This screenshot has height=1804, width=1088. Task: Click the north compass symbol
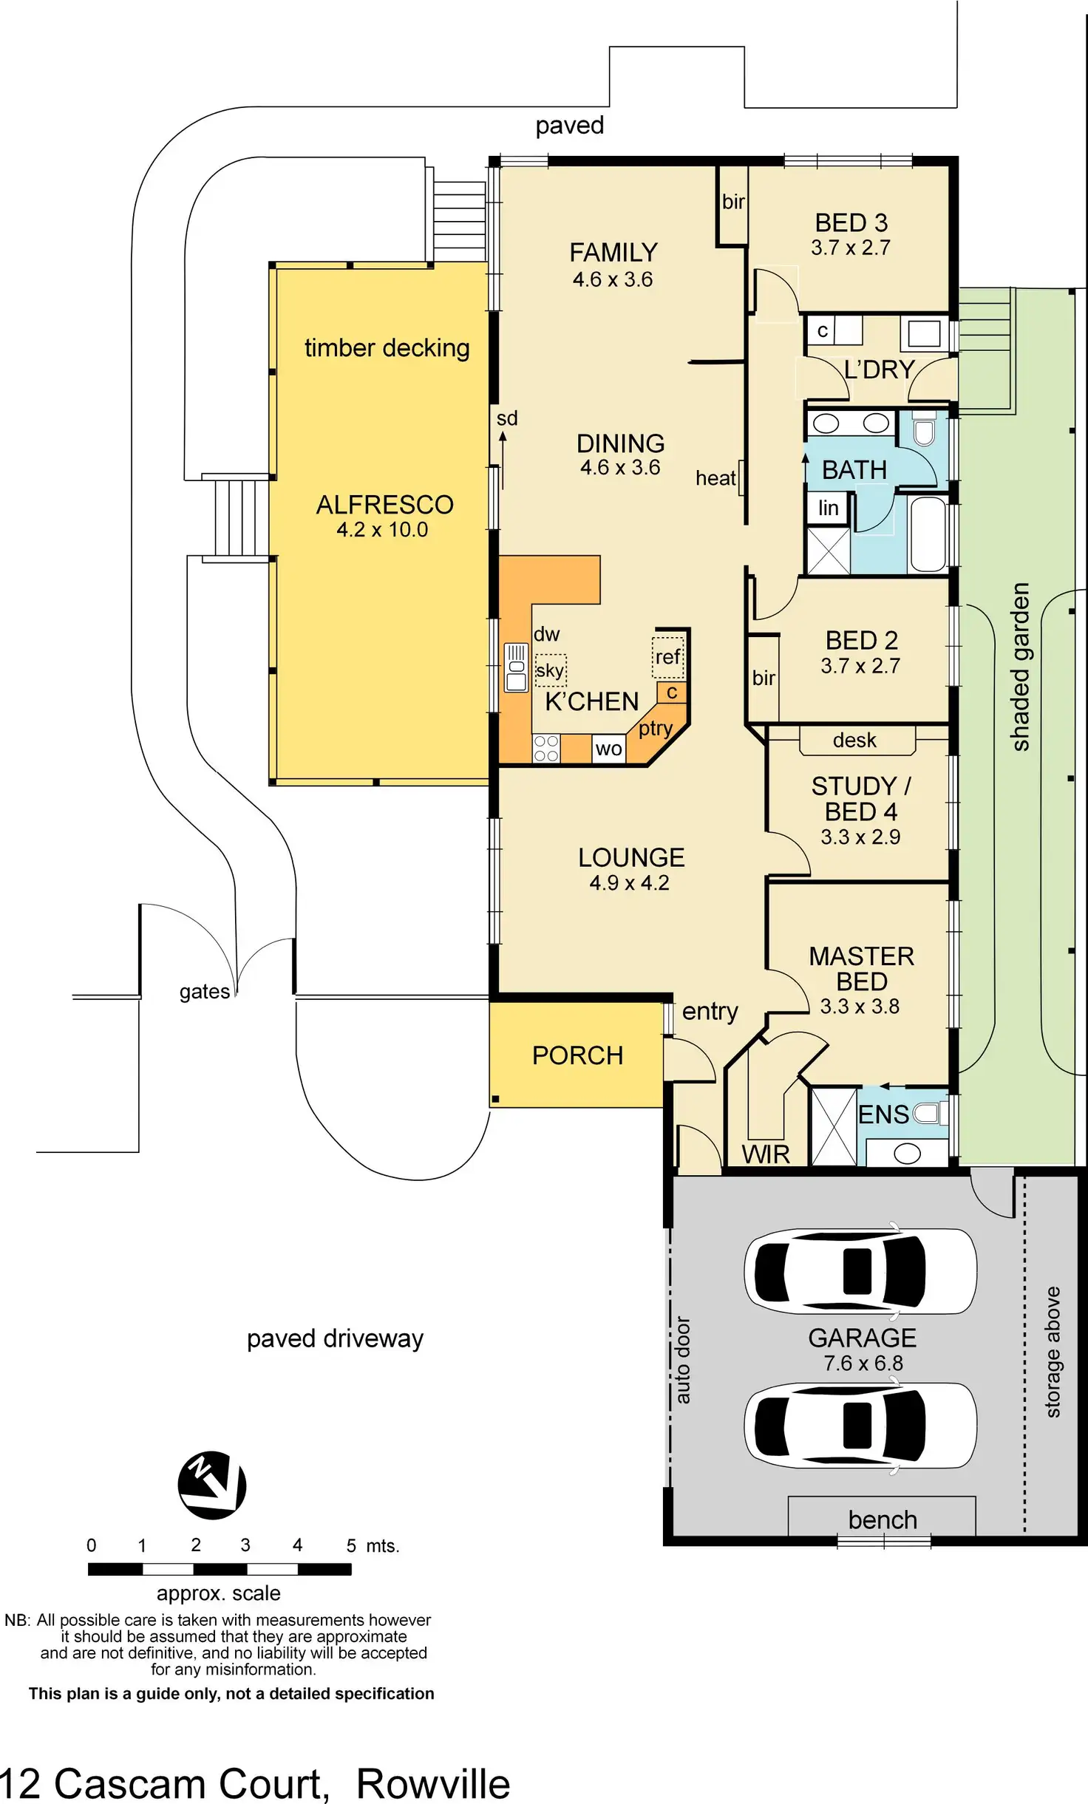pos(212,1485)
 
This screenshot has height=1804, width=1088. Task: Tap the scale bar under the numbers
pos(220,1570)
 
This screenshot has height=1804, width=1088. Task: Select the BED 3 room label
pos(851,222)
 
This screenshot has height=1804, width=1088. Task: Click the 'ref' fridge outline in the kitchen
pos(668,657)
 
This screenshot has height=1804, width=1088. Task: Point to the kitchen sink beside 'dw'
pos(516,667)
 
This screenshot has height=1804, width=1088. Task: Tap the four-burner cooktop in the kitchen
pos(546,748)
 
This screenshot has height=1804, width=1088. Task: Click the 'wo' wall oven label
pos(608,749)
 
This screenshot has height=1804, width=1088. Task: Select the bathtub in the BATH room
pos(928,534)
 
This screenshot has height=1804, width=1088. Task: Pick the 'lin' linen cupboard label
pos(828,508)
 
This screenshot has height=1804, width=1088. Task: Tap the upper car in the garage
pos(860,1270)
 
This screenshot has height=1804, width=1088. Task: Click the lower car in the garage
pos(860,1424)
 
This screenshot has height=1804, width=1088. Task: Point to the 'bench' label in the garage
pos(883,1519)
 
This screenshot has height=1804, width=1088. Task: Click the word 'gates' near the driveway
pos(205,992)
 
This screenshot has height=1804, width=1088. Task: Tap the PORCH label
pos(578,1055)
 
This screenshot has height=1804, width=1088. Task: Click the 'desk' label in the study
pos(854,740)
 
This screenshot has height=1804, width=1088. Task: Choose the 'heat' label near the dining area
pos(715,478)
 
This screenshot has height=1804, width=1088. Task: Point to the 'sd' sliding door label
pos(507,418)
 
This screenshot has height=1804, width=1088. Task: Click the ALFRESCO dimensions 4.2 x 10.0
pos(382,529)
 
